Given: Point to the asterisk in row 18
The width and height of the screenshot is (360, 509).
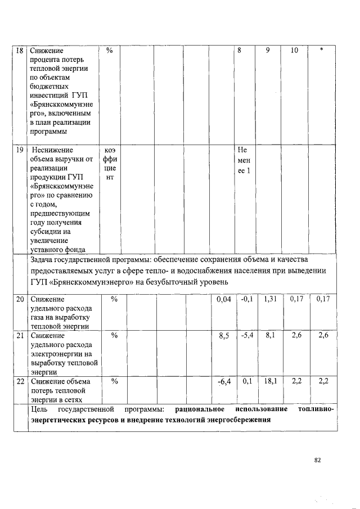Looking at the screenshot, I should click(x=321, y=51).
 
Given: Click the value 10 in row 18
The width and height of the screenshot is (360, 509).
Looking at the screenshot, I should click(x=294, y=51).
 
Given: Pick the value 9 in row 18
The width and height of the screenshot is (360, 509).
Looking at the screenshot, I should click(x=268, y=51).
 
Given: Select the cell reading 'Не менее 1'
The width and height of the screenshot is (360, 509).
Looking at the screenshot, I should click(x=244, y=161).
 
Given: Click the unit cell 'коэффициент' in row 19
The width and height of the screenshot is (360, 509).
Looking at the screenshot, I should click(x=110, y=164).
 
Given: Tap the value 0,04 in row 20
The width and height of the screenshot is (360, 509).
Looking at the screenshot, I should click(x=224, y=299).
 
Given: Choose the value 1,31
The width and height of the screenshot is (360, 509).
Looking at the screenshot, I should click(x=269, y=299).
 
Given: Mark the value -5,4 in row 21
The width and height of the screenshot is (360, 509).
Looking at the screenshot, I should click(x=245, y=336).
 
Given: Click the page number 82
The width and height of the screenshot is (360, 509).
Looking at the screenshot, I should click(x=317, y=460).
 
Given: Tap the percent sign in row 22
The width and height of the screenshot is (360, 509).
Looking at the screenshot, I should click(x=114, y=381).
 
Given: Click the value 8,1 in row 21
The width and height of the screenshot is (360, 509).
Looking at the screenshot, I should click(x=269, y=336).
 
